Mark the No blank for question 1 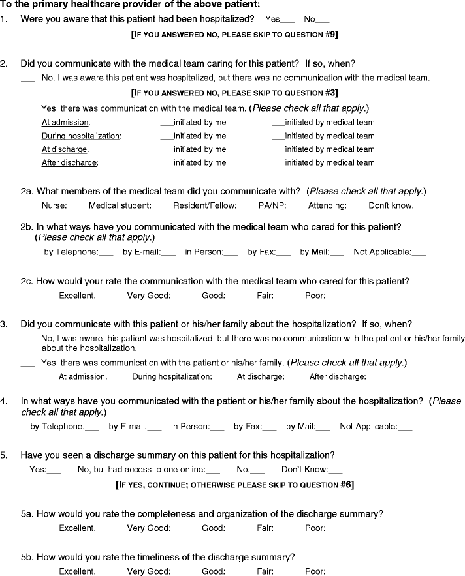tap(323, 20)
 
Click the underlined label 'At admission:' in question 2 tap(65, 122)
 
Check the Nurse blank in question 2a tap(74, 207)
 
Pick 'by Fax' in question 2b tap(283, 252)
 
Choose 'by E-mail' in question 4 tap(154, 427)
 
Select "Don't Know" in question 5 tap(335, 470)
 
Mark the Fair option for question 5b tap(281, 572)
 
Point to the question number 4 tap(5, 401)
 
